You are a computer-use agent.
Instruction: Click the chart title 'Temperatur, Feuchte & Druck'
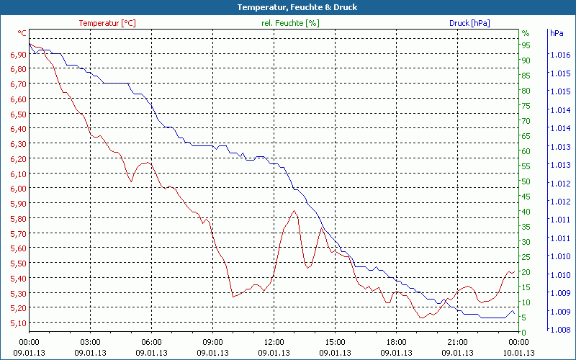[x=287, y=7]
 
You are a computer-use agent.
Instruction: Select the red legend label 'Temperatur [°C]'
[x=107, y=23]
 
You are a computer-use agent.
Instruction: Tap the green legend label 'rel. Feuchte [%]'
[x=290, y=23]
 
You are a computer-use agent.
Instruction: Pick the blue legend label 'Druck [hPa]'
[x=469, y=23]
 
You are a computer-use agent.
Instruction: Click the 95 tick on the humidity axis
[x=526, y=45]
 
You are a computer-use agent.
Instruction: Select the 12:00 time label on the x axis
[x=274, y=342]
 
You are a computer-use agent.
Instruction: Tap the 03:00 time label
[x=90, y=342]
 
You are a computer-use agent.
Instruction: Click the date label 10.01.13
[x=519, y=353]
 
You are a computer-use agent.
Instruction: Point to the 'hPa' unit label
[x=557, y=33]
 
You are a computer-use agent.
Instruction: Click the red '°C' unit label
[x=22, y=33]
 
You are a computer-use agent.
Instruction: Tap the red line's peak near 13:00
[x=294, y=211]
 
